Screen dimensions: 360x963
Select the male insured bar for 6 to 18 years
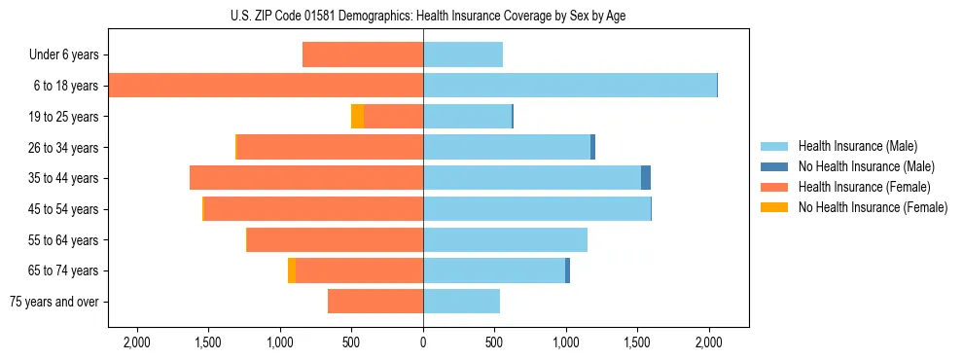click(570, 86)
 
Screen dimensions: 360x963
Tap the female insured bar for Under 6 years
click(363, 54)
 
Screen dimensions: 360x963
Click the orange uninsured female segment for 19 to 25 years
click(357, 117)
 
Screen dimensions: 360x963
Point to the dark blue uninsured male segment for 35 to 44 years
click(646, 178)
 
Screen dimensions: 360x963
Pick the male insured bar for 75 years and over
click(461, 302)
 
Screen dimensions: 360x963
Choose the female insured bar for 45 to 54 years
click(313, 209)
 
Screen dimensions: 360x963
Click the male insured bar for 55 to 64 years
click(505, 240)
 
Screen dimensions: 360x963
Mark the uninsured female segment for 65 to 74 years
click(292, 270)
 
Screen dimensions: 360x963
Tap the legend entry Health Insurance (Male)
click(857, 146)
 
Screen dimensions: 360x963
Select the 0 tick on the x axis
click(423, 342)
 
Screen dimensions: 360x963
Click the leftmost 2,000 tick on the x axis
click(137, 342)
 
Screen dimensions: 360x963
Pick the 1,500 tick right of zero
click(637, 342)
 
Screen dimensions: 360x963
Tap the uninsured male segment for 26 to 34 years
click(592, 147)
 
